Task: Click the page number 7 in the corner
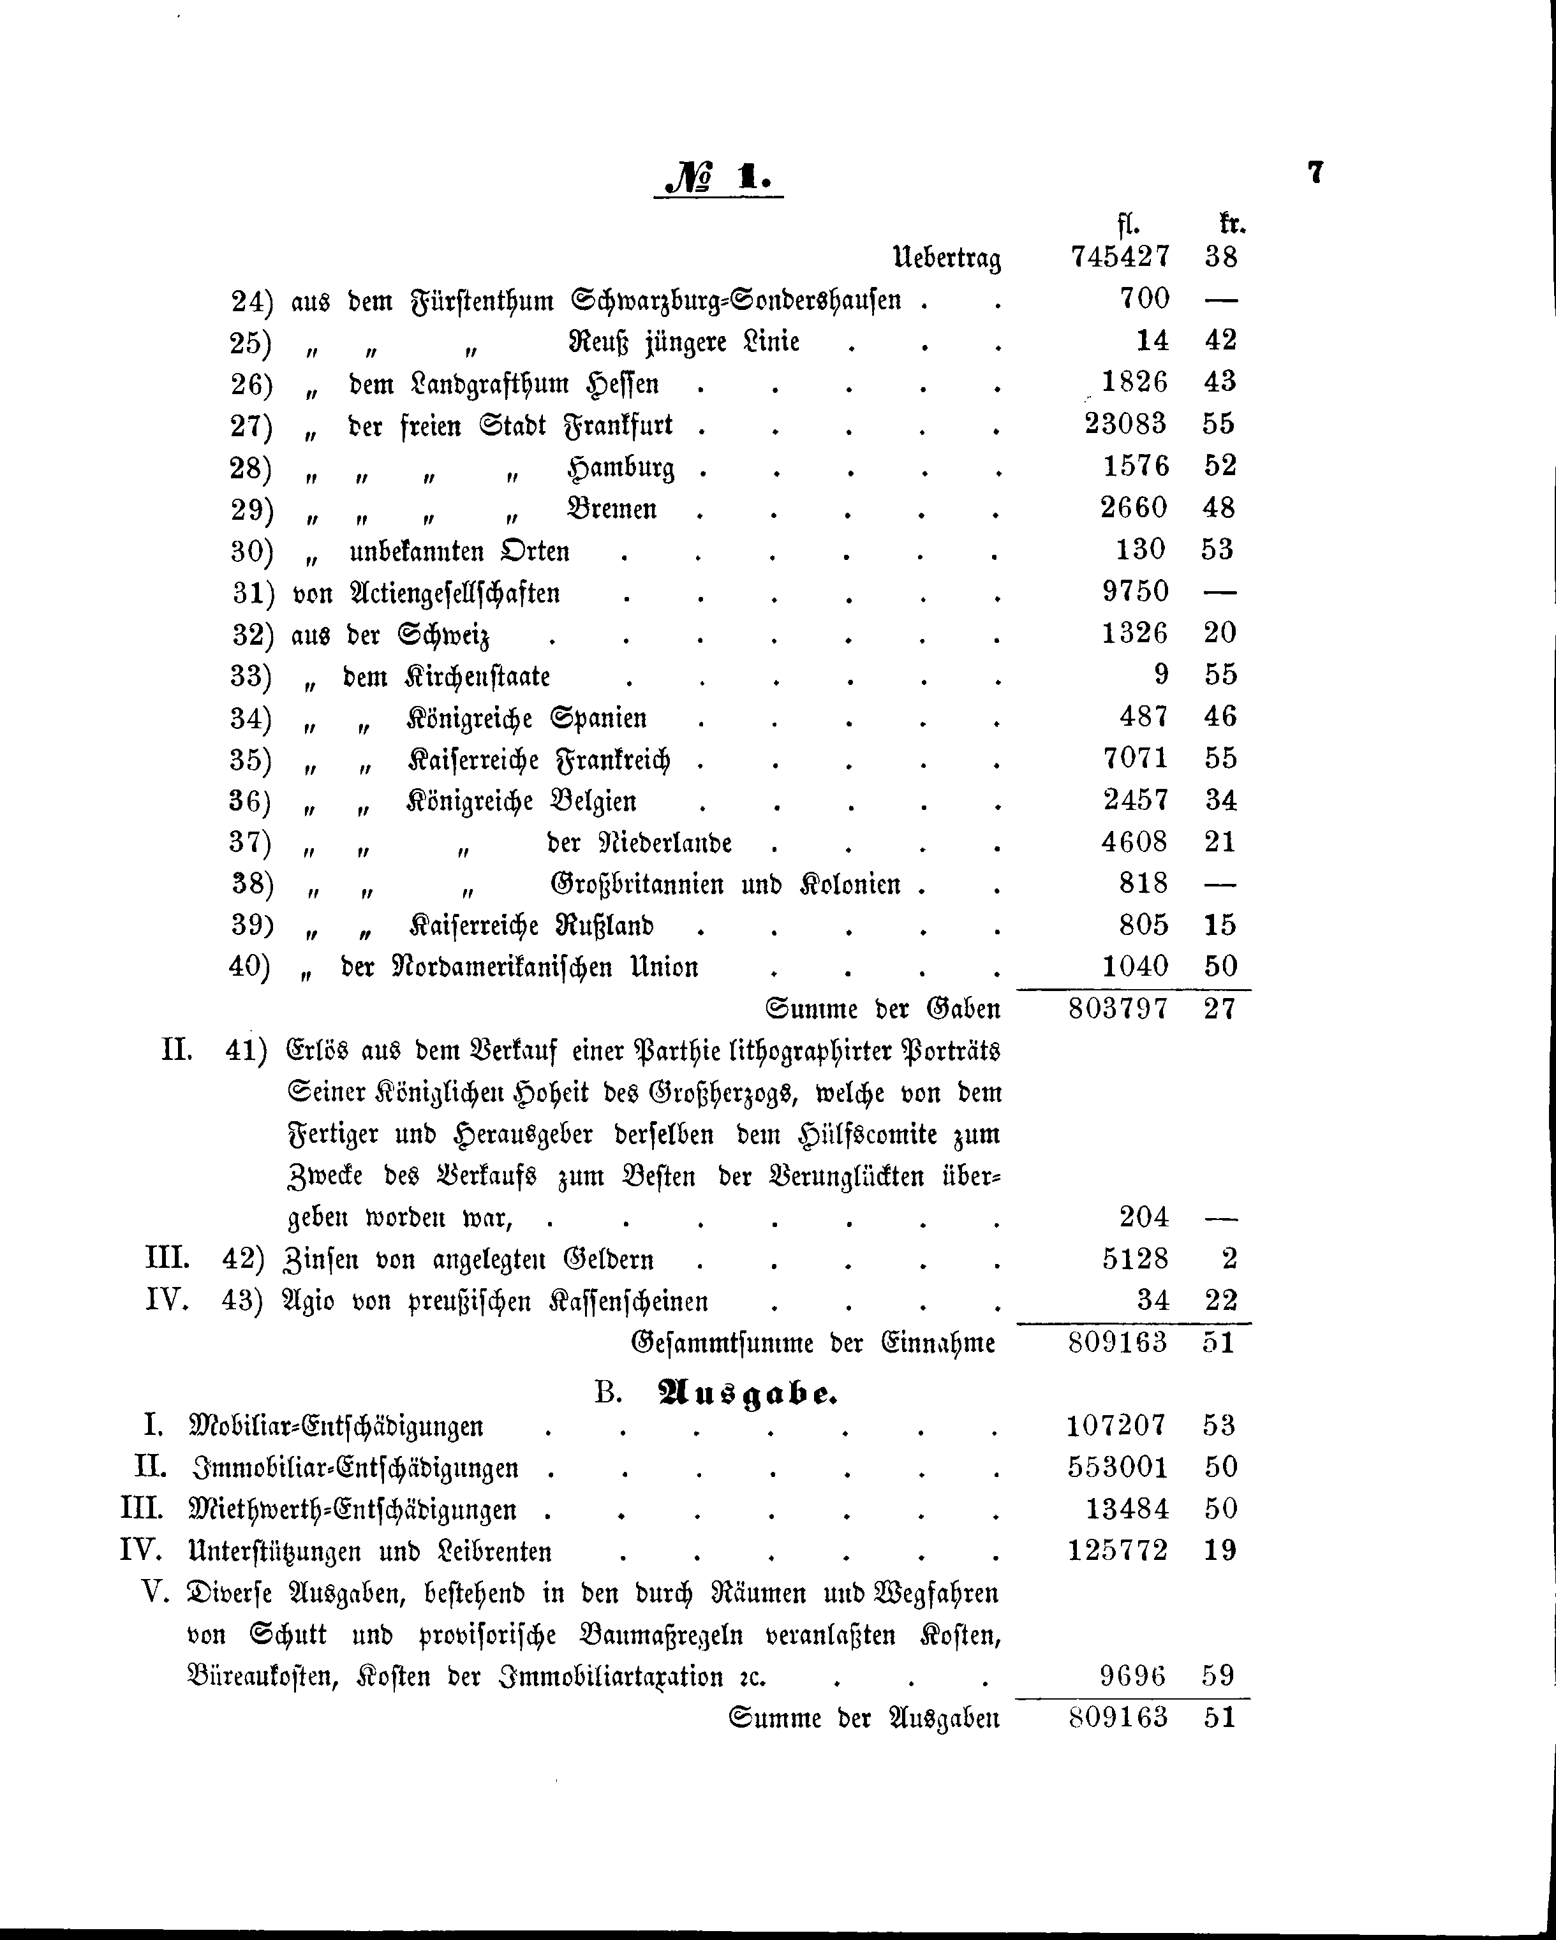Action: point(1315,172)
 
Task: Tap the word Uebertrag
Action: point(946,259)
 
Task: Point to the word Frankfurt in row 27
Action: point(618,425)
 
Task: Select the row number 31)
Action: point(253,593)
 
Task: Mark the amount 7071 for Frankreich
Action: point(1135,758)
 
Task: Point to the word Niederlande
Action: point(665,843)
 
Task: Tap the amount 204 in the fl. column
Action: point(1144,1217)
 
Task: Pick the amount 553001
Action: point(1117,1467)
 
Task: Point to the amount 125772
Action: point(1117,1551)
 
